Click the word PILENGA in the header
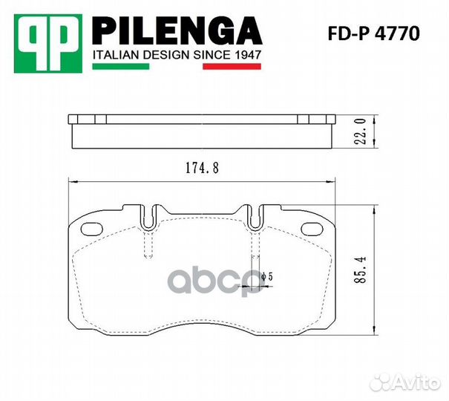176,32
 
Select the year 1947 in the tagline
246,55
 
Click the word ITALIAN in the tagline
112,55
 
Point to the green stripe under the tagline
119,68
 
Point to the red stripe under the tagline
232,68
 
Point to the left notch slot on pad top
150,217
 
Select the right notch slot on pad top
255,217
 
